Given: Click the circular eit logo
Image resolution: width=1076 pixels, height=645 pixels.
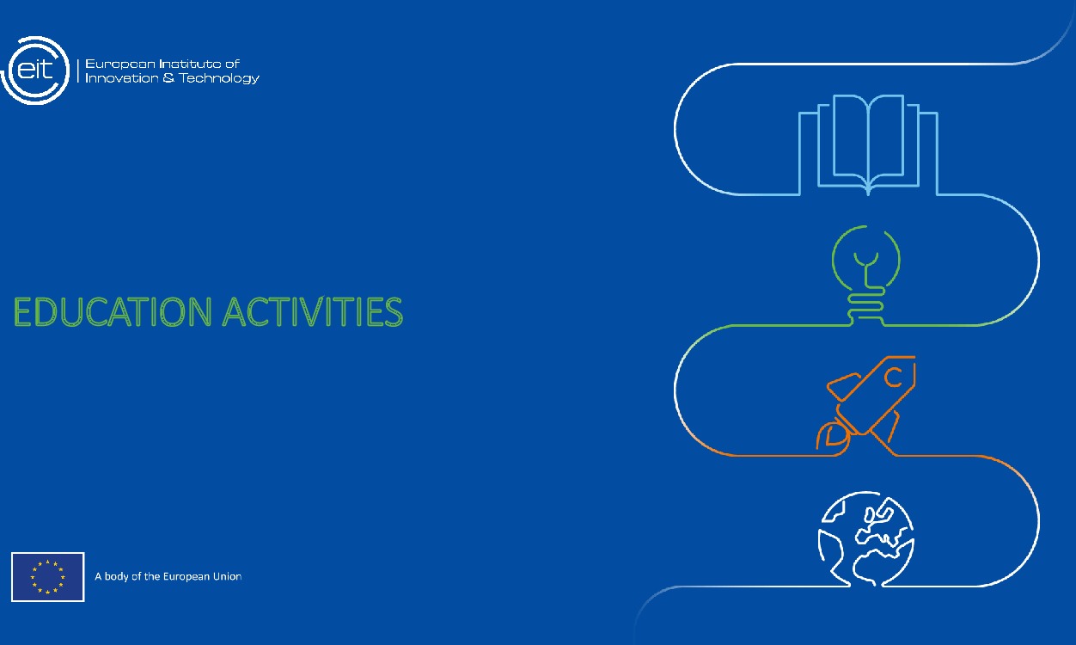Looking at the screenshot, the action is tap(34, 71).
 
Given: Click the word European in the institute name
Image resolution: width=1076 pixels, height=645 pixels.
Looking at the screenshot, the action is tap(120, 64).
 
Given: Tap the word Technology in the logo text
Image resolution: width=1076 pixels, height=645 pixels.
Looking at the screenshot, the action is tap(219, 78).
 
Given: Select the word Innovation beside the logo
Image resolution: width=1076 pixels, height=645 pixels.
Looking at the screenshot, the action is tap(121, 78).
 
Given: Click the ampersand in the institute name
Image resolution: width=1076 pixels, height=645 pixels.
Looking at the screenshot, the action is tap(168, 78).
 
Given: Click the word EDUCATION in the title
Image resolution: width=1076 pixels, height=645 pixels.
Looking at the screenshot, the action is tap(113, 312).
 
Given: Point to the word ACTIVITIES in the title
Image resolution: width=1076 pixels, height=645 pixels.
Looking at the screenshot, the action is tap(313, 312).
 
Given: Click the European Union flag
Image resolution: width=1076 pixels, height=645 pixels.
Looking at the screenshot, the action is tap(48, 577).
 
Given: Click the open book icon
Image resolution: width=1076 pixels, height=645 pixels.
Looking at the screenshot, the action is tap(869, 144).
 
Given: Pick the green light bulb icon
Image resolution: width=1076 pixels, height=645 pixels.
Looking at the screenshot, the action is tap(866, 274).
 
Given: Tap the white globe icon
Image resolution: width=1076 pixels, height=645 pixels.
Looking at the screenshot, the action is tap(866, 538).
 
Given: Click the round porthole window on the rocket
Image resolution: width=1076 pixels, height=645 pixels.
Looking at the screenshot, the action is tap(894, 377).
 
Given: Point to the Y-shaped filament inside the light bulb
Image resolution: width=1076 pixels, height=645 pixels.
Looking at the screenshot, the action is tap(866, 268).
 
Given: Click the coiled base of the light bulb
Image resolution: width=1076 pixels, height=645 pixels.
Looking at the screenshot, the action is tap(866, 306).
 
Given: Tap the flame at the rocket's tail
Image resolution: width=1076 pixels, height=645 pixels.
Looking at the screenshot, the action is tap(832, 437).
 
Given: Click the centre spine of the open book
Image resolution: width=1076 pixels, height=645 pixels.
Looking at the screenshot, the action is tap(869, 144).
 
